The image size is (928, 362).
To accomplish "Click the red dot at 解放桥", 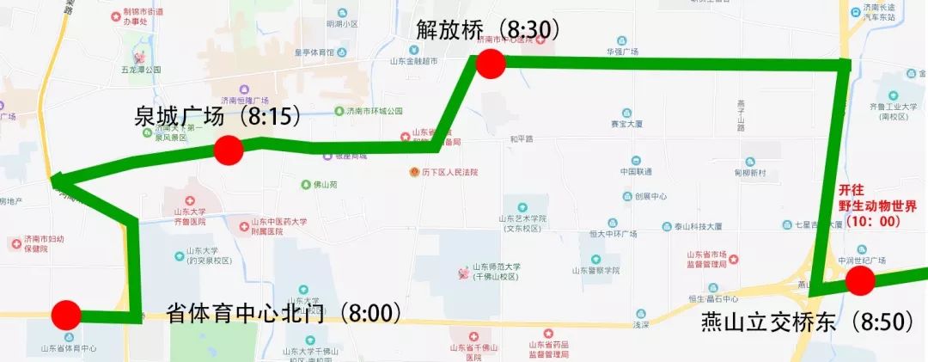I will click(x=490, y=64).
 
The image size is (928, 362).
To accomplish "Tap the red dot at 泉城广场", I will click(x=229, y=150).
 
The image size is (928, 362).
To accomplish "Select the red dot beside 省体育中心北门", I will click(x=66, y=315).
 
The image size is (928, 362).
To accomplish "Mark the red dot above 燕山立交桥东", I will click(x=860, y=281).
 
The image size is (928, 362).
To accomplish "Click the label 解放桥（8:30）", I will click(x=488, y=30).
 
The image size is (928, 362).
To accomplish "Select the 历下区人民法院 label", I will click(x=449, y=172).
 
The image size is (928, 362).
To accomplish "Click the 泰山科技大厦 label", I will click(x=697, y=226).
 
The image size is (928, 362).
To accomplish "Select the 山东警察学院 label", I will click(x=595, y=270).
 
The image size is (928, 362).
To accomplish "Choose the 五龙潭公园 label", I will click(x=141, y=70).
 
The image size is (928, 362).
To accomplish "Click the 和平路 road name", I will click(x=522, y=138).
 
